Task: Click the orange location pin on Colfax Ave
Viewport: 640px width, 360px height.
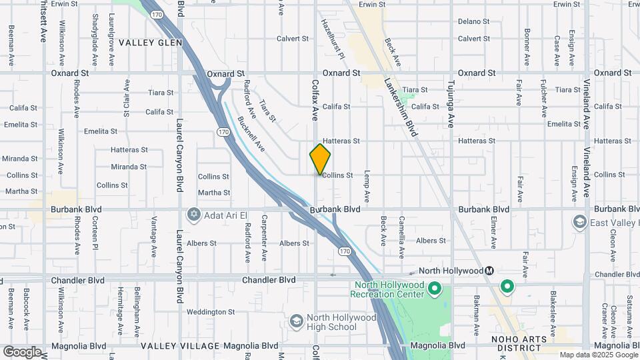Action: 320,159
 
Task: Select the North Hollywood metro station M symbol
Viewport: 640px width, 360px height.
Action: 489,271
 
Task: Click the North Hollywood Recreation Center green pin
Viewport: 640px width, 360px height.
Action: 435,289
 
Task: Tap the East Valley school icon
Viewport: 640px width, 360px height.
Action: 579,221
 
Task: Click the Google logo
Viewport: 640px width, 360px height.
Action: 22,352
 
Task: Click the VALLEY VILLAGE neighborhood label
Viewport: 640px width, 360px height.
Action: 180,346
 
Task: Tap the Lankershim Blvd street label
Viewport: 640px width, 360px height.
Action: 401,107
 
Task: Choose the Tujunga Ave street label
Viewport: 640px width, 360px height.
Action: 451,100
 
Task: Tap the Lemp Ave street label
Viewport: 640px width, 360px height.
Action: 366,187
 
